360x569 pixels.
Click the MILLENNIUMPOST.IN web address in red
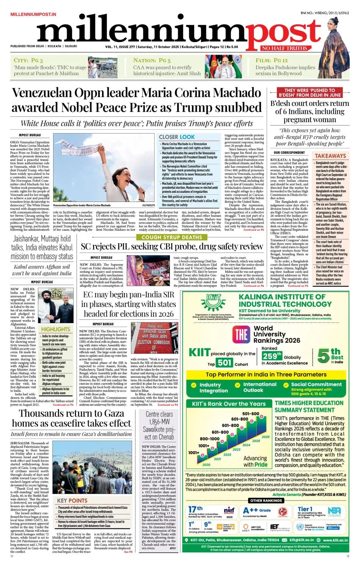(33, 14)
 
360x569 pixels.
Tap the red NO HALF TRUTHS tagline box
(284, 48)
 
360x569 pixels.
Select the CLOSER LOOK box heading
(177, 137)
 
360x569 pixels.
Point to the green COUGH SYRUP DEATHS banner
(171, 237)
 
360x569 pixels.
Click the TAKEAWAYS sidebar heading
(330, 156)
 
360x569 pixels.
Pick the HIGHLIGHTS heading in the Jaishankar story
(56, 329)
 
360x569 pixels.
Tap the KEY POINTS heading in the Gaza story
(72, 501)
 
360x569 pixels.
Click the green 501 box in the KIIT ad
(225, 363)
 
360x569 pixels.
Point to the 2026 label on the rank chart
(266, 437)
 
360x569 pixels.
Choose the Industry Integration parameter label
(214, 387)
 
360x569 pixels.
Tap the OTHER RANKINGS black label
(266, 500)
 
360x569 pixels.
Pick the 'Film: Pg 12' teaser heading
(272, 60)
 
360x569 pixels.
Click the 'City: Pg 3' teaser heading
(28, 60)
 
